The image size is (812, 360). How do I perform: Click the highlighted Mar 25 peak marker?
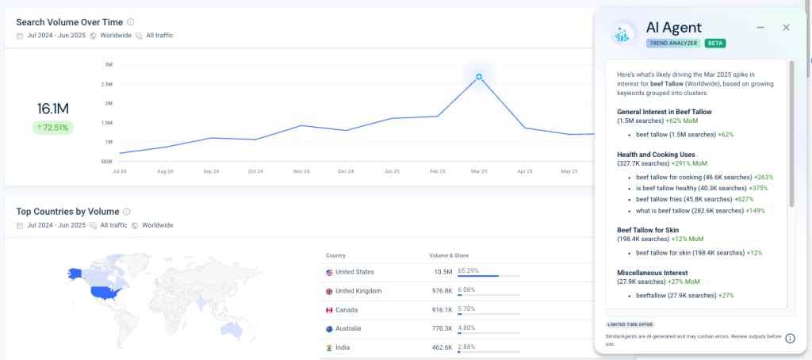coord(479,77)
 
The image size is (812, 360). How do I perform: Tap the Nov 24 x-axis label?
coord(301,170)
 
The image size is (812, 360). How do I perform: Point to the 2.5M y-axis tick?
coord(106,84)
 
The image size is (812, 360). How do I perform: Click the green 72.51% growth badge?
coord(53,127)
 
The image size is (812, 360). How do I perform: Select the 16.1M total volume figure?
coord(53,109)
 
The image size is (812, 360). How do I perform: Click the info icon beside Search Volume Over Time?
coord(131,22)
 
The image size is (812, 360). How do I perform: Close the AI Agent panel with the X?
coord(786,28)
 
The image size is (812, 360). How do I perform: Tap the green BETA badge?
coord(715,43)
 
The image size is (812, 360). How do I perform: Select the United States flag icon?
coord(329,272)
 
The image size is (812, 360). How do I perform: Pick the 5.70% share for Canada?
coord(468,308)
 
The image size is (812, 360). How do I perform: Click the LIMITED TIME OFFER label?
coord(630,324)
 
